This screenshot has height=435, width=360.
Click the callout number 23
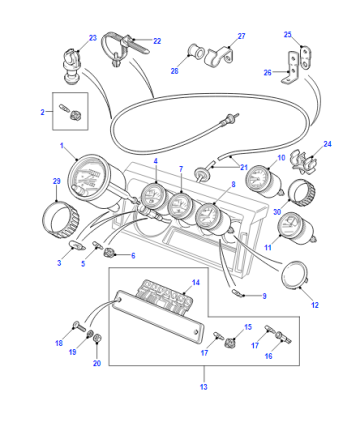point(93,38)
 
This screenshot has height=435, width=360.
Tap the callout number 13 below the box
point(204,387)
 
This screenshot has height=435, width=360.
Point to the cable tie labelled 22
point(123,48)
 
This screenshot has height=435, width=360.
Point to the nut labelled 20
point(97,338)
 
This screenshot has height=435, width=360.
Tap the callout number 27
point(241,36)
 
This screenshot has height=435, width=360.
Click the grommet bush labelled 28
point(196,51)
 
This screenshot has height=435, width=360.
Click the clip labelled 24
point(303,162)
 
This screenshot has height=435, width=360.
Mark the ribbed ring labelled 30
point(301,192)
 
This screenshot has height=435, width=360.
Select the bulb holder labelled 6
point(109,253)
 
